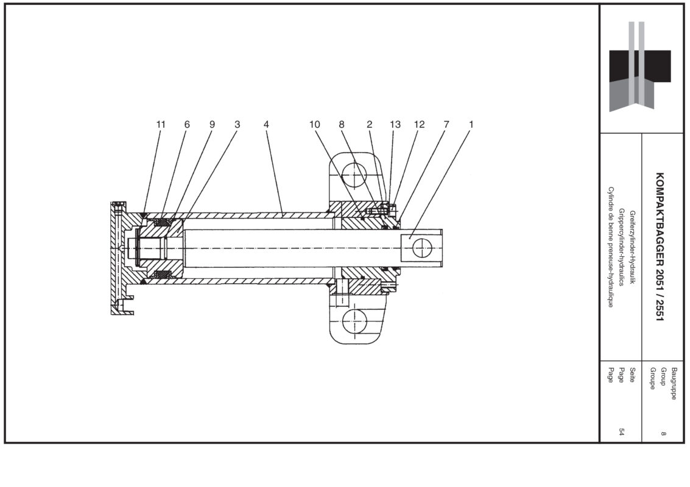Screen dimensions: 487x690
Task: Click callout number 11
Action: click(161, 124)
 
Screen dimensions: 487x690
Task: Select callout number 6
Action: click(187, 124)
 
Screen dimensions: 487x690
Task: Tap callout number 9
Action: click(213, 124)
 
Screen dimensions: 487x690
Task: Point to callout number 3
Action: click(238, 124)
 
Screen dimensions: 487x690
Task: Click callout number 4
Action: click(266, 124)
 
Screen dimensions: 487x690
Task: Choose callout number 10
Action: click(314, 124)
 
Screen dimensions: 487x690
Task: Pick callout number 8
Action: click(342, 124)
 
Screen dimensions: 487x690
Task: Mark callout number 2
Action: click(369, 124)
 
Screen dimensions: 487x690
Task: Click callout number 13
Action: click(395, 124)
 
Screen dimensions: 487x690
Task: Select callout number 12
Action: click(419, 124)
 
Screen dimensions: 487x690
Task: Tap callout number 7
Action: click(446, 124)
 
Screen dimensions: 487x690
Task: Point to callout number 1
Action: click(471, 124)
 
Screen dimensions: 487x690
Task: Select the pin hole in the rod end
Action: click(421, 248)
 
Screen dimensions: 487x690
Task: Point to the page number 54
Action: click(622, 432)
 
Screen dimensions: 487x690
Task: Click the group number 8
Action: click(663, 433)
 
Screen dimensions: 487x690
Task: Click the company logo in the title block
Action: click(640, 66)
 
